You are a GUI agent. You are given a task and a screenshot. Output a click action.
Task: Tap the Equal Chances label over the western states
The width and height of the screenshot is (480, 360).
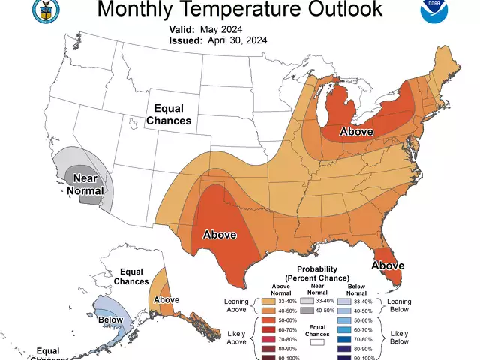point(169,114)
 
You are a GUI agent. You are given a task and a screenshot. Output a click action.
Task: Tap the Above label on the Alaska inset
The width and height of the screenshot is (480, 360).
point(166,300)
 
